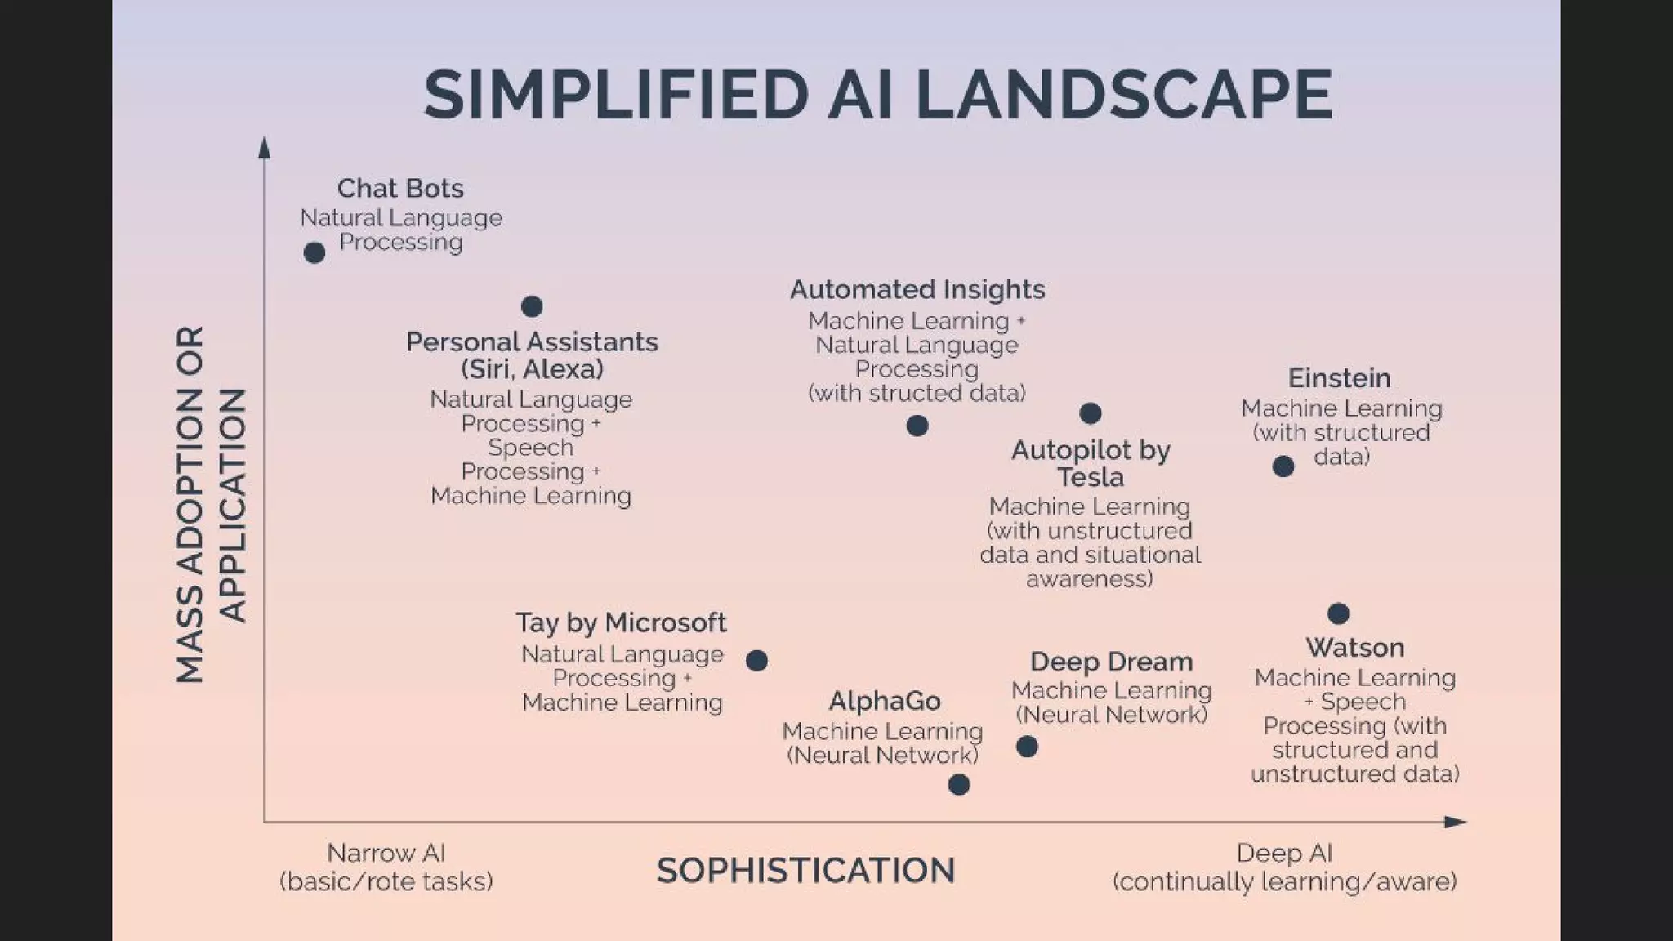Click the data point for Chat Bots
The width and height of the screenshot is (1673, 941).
[x=315, y=253]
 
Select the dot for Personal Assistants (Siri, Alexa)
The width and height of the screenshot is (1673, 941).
[x=532, y=306]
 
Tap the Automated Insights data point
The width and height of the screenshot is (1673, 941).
[x=917, y=426]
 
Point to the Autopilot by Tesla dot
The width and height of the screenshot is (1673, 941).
[x=1091, y=413]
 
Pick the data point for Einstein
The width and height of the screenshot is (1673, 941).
[x=1283, y=466]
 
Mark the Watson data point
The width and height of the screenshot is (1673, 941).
[x=1338, y=613]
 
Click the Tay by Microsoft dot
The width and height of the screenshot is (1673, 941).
[x=757, y=661]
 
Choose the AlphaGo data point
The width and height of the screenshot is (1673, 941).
[x=959, y=785]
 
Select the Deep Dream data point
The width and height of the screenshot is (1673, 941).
[x=1027, y=747]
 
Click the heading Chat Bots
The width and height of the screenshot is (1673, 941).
[x=400, y=189]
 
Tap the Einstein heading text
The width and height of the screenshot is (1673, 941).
[x=1339, y=378]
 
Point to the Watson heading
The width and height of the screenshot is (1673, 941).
[x=1354, y=648]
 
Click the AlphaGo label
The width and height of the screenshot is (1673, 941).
[x=884, y=701]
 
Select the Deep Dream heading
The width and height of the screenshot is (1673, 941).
[x=1111, y=662]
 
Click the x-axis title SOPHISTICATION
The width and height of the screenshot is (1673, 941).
[x=805, y=871]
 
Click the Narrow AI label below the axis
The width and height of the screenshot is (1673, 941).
[x=386, y=854]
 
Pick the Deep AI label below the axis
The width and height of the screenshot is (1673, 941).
[x=1284, y=854]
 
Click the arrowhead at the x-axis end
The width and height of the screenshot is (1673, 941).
[x=1456, y=822]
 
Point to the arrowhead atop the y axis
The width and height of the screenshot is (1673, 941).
[x=264, y=148]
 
